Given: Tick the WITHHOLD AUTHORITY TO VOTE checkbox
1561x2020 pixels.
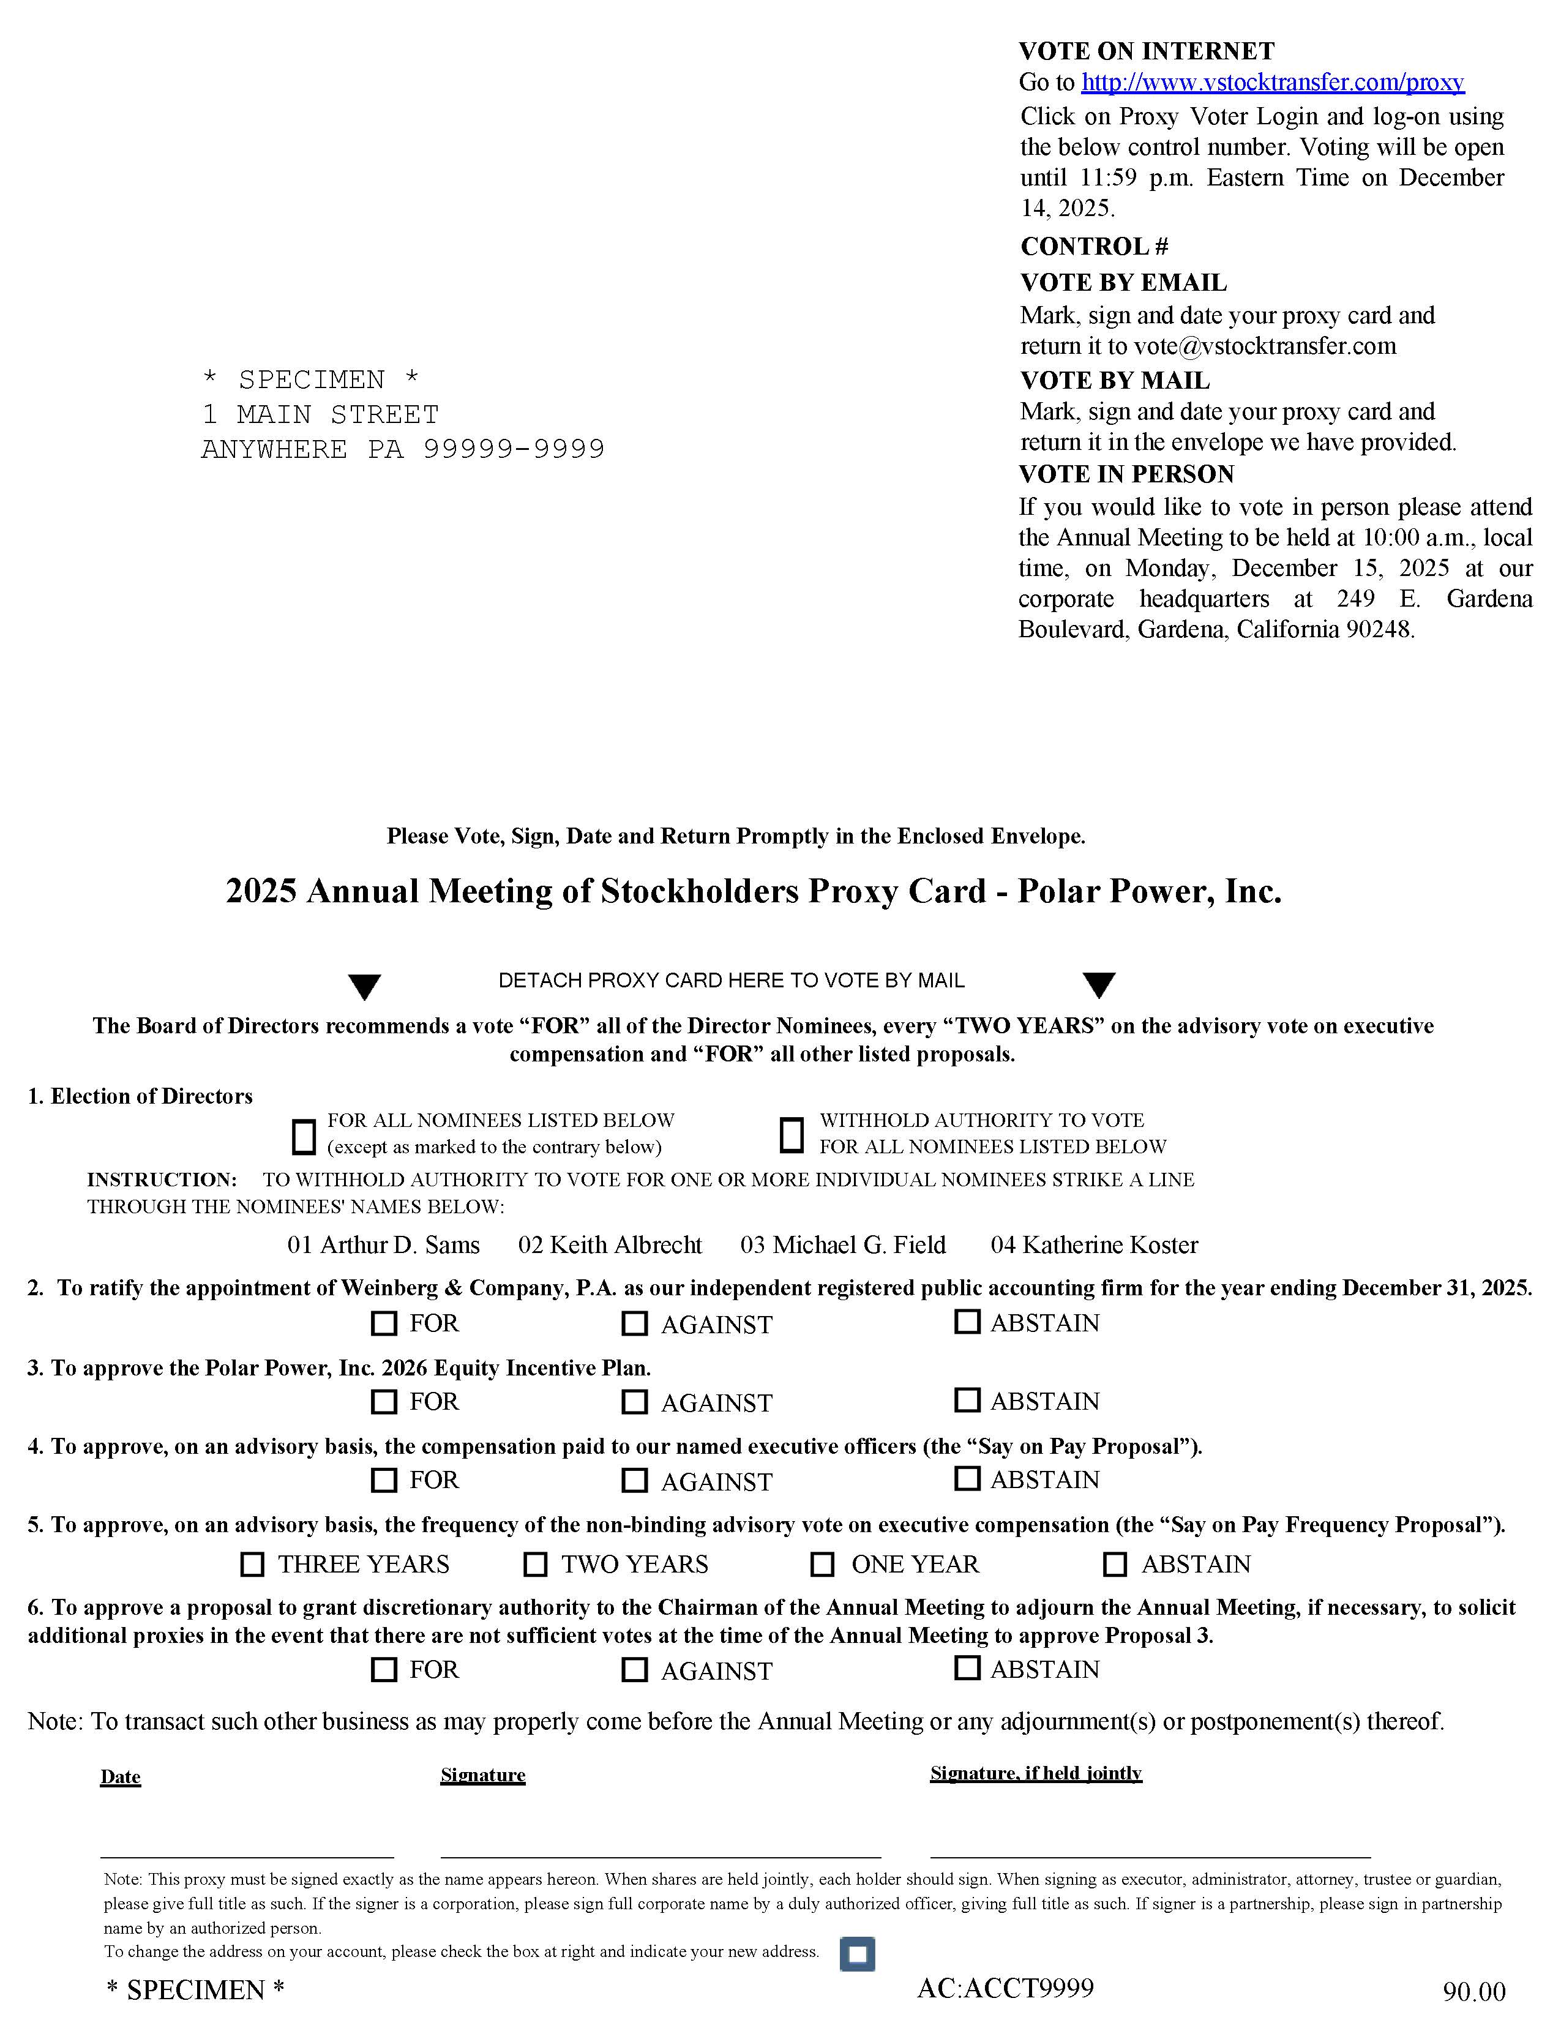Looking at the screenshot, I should pos(791,1135).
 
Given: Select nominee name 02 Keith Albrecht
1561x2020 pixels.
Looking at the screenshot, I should pos(610,1245).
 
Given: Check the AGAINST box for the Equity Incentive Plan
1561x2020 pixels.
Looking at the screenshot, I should pos(634,1402).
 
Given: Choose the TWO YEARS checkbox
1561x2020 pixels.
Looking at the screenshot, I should pos(534,1564).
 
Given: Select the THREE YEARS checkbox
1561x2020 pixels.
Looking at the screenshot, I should pos(252,1564).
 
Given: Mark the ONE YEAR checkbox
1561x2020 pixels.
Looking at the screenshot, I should pos(822,1564).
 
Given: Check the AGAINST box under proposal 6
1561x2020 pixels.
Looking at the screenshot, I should pos(634,1669).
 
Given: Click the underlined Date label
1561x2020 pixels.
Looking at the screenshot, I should pos(120,1777).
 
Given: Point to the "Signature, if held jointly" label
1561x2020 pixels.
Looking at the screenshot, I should pos(1036,1773).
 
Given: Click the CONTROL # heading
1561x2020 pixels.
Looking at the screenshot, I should pos(1094,247).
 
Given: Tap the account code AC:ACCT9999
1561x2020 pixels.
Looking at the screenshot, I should pos(1005,1988).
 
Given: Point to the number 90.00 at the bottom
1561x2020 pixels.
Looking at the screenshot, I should pos(1474,1991).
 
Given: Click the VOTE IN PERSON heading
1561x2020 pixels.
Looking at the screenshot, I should pos(1126,474).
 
